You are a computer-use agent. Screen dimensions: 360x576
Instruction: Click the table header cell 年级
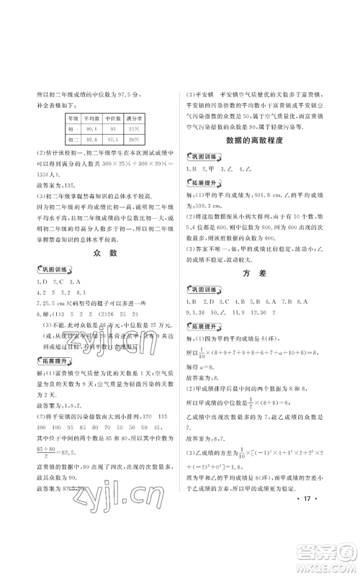tap(73, 117)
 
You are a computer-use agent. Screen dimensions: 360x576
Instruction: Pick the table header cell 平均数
tap(92, 117)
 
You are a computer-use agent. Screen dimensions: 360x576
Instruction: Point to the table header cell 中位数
tap(113, 117)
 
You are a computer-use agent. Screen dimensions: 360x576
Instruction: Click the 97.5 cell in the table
tap(113, 138)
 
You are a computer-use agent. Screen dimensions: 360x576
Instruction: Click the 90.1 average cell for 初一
tap(92, 127)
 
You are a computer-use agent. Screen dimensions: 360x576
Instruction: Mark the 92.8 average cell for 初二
tap(92, 138)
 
